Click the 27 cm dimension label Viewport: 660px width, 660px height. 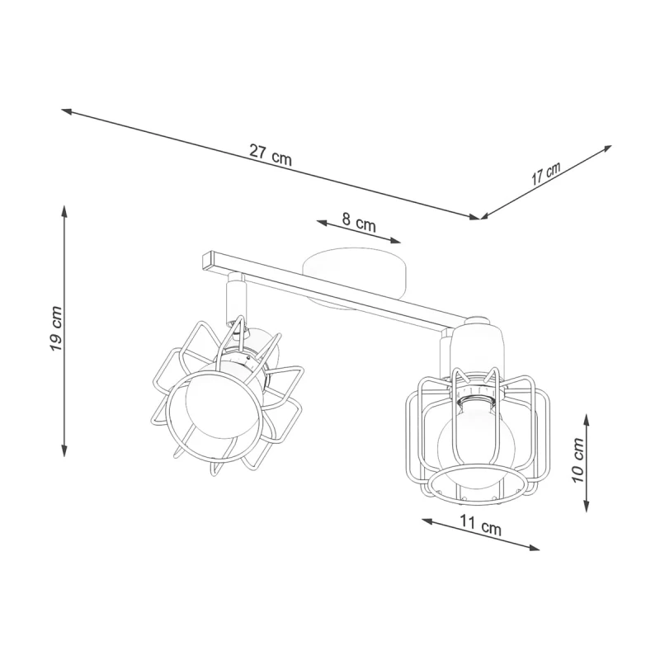pos(271,155)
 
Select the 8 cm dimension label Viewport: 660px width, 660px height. pos(359,222)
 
